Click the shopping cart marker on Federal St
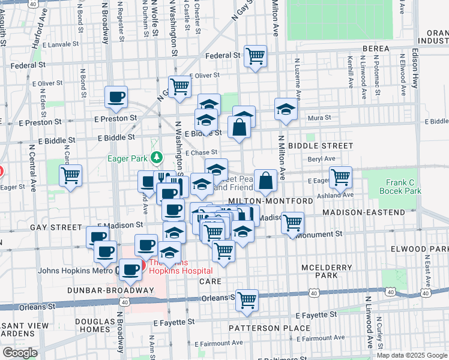coord(256,56)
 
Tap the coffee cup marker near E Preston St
coord(116,96)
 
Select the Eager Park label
coord(128,159)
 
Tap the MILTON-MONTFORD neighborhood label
coord(270,200)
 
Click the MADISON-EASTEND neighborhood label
coord(363,212)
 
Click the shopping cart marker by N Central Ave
coord(71,176)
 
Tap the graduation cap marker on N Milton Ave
coord(286,109)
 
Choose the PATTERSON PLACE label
coord(270,328)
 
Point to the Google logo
coord(20,353)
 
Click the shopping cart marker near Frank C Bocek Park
coord(340,176)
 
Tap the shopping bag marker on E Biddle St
coord(239,127)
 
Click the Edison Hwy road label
coord(415,66)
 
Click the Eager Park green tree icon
coord(157,158)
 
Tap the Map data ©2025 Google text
coord(411,355)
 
